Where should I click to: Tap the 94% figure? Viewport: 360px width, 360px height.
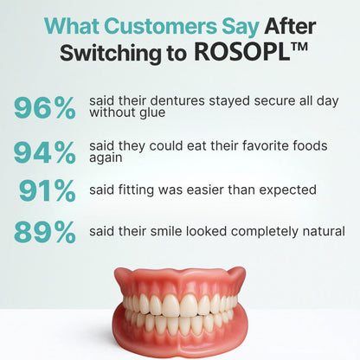[x=45, y=152]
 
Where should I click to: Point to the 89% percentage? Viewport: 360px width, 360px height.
[x=45, y=232]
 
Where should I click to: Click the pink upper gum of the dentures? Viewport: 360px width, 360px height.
[x=179, y=281]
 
